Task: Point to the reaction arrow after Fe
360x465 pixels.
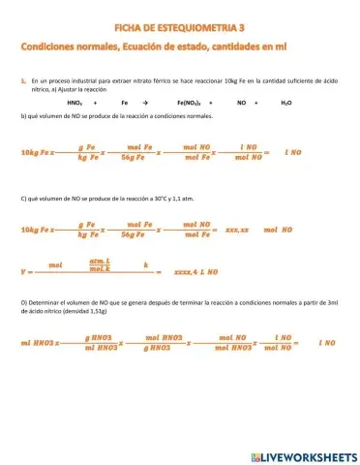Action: click(144, 101)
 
